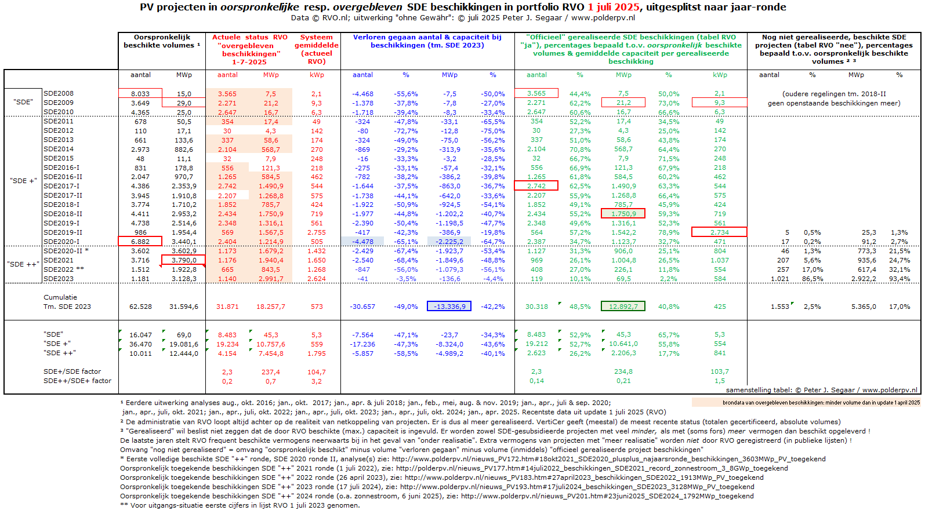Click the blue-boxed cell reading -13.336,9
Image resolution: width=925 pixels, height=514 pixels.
(x=449, y=307)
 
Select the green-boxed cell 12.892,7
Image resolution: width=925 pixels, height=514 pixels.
(x=623, y=307)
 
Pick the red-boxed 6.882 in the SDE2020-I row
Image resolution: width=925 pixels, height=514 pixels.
(x=140, y=242)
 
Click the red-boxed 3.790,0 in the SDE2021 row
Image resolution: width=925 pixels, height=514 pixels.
(x=183, y=260)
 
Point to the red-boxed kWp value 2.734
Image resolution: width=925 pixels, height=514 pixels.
(x=719, y=232)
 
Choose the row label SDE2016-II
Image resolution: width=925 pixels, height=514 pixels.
(x=63, y=177)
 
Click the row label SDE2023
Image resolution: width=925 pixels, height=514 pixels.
(x=59, y=279)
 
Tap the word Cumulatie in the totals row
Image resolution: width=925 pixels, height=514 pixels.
(x=60, y=297)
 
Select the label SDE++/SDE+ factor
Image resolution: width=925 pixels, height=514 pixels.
(x=77, y=381)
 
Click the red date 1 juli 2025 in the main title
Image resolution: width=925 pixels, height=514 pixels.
(x=613, y=7)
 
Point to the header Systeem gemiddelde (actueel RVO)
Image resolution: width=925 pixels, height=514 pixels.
(x=317, y=49)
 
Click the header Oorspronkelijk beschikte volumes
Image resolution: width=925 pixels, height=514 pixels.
(x=162, y=41)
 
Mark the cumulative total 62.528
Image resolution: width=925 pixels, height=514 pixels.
(x=140, y=307)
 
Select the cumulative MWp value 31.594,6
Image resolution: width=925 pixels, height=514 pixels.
(x=183, y=307)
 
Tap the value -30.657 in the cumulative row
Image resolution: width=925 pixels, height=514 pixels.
(x=362, y=307)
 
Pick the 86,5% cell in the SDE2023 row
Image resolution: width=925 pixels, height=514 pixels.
(x=812, y=279)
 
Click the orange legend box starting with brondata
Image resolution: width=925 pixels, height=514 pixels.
(x=806, y=402)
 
